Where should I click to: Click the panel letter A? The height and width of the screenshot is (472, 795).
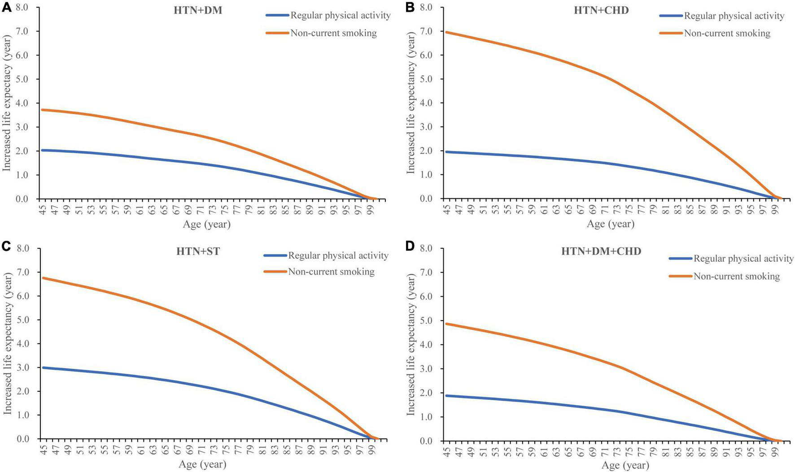pyautogui.click(x=6, y=8)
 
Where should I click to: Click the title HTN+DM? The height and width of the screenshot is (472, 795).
pyautogui.click(x=198, y=10)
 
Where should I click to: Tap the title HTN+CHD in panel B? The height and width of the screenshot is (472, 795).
pyautogui.click(x=601, y=10)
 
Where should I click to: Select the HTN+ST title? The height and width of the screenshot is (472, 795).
pyautogui.click(x=198, y=251)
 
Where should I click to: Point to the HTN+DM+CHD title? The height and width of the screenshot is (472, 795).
pyautogui.click(x=601, y=251)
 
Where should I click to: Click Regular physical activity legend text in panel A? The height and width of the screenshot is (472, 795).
pyautogui.click(x=341, y=16)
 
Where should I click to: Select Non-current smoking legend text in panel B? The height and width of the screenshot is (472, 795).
pyautogui.click(x=727, y=33)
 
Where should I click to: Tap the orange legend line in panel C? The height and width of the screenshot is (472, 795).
pyautogui.click(x=275, y=271)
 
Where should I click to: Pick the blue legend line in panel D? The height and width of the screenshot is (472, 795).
pyautogui.click(x=680, y=259)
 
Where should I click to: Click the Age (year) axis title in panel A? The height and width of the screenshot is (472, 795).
pyautogui.click(x=206, y=224)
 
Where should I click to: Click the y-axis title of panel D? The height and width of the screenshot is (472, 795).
pyautogui.click(x=411, y=344)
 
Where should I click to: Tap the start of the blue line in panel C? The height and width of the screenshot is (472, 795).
pyautogui.click(x=43, y=368)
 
